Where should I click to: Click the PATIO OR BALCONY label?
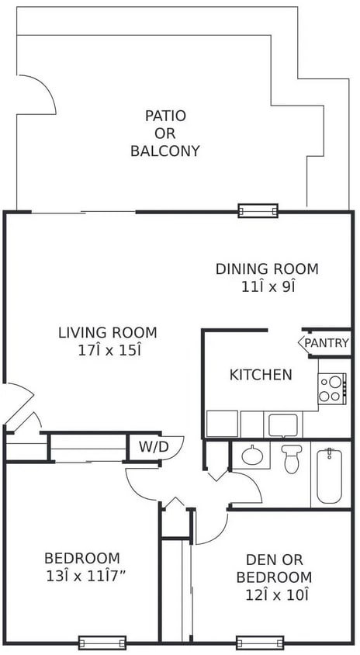[165, 133]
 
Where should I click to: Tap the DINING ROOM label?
[267, 269]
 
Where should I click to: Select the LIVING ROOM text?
[107, 333]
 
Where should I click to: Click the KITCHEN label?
[261, 375]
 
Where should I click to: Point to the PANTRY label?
[326, 342]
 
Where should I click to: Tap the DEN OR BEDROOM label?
[273, 568]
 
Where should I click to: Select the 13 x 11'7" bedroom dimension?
[81, 577]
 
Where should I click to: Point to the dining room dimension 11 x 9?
[267, 286]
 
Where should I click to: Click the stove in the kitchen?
[332, 388]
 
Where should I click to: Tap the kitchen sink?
[282, 425]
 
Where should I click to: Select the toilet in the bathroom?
[292, 459]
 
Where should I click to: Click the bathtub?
[330, 475]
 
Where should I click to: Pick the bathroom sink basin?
[252, 455]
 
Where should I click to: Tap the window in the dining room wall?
[258, 210]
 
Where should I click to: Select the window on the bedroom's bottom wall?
[102, 642]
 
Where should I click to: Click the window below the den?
[260, 642]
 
